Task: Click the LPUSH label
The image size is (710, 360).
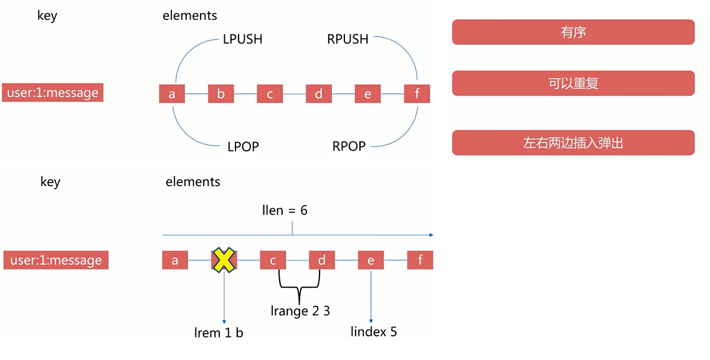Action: (242, 39)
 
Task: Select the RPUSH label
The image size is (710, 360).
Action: (348, 39)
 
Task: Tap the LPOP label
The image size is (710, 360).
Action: (242, 147)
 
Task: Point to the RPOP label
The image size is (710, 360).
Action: (349, 146)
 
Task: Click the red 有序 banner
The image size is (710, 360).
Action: (573, 32)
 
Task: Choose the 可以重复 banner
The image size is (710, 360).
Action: (573, 83)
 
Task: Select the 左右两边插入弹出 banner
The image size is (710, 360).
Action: (573, 143)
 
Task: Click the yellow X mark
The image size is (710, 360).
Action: (224, 260)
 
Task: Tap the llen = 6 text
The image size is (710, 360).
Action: (285, 211)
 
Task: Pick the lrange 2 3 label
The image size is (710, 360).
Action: (300, 311)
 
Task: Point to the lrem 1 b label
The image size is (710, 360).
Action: (219, 333)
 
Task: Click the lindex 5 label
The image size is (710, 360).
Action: (374, 331)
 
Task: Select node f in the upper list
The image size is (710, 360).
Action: (417, 94)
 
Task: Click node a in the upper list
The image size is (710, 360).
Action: (172, 94)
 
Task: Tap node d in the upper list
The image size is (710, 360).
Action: (319, 94)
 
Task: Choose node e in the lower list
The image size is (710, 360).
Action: (371, 260)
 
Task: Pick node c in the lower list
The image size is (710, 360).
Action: (273, 260)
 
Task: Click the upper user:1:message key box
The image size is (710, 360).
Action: (52, 93)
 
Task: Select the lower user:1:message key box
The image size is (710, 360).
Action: (56, 260)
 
